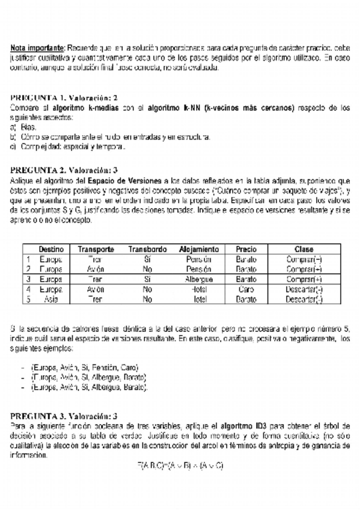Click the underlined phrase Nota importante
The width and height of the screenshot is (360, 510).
click(x=37, y=47)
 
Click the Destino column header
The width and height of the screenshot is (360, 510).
click(x=51, y=249)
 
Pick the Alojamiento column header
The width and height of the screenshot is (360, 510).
click(x=199, y=249)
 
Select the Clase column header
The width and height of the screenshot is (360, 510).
click(x=304, y=249)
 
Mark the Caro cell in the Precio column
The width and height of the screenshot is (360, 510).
click(x=246, y=289)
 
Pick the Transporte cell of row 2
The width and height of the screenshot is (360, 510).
click(x=96, y=269)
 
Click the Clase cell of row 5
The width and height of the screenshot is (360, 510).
click(x=304, y=299)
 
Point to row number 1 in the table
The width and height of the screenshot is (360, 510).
click(x=28, y=259)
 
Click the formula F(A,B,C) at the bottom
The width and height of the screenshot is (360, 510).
click(x=180, y=466)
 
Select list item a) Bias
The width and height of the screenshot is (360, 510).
click(x=24, y=127)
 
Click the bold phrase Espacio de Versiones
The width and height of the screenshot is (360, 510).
click(x=126, y=180)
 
